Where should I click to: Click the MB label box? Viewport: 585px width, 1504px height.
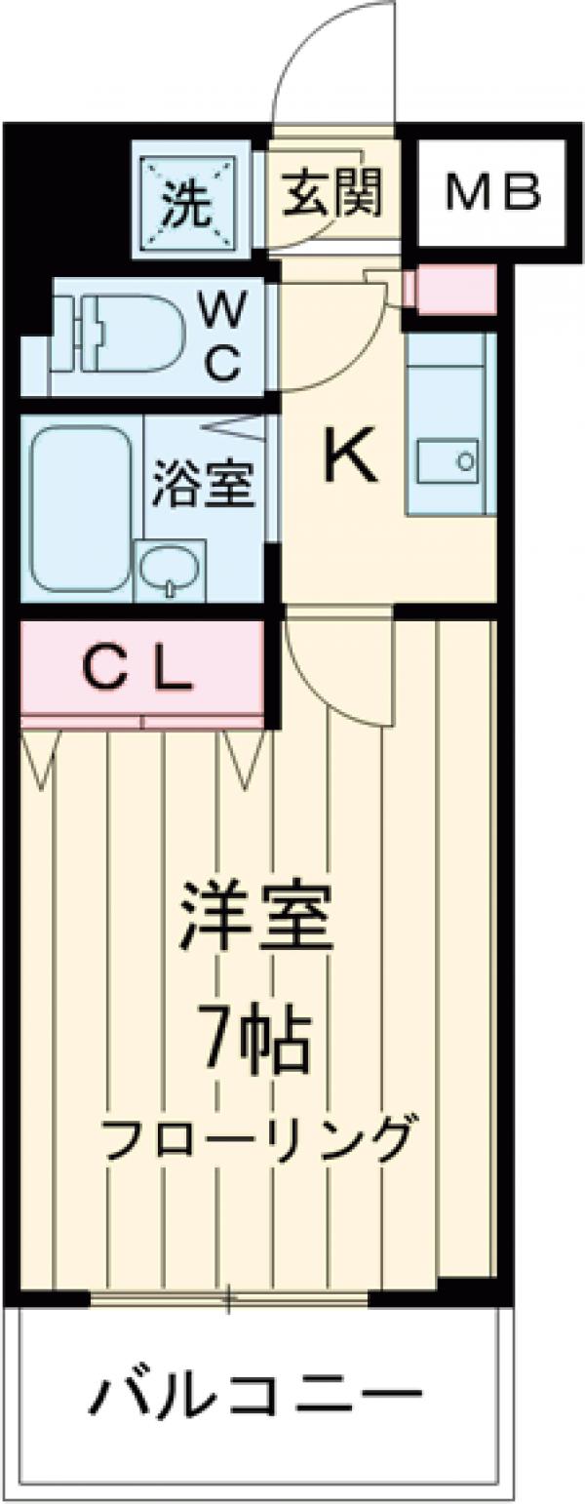coord(492,192)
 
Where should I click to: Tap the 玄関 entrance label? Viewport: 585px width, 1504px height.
coord(332,193)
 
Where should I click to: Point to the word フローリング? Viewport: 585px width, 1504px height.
coord(254,1137)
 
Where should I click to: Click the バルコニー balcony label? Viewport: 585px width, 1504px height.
coord(255,1400)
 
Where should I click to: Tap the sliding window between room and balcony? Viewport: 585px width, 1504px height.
coord(229,1297)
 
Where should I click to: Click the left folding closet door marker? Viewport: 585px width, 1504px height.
coord(41,757)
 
